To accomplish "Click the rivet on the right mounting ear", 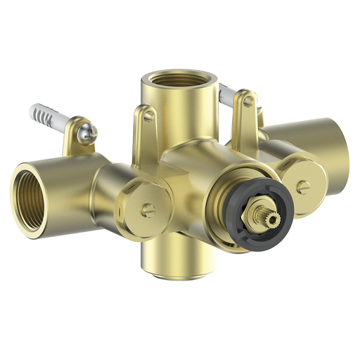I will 247,101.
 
